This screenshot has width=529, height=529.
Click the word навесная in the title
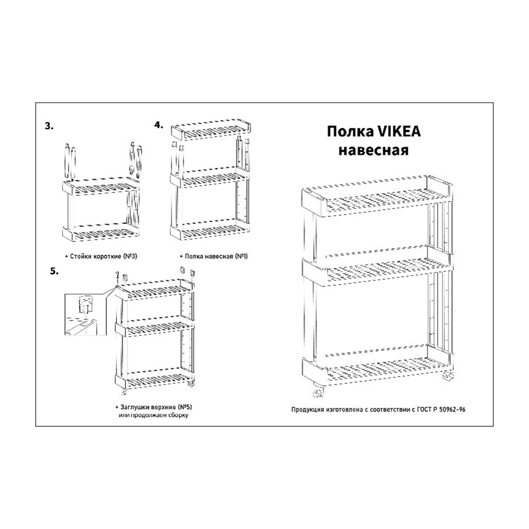373,150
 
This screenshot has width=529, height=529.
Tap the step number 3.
49,126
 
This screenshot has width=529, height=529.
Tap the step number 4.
159,125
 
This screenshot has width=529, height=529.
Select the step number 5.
54,271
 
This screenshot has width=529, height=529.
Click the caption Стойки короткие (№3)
102,257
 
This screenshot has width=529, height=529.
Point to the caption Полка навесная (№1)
214,256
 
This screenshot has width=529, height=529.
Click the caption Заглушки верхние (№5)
154,407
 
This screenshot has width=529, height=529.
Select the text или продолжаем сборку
153,415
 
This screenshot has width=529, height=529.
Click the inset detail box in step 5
84,314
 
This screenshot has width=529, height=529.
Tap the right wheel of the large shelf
448,376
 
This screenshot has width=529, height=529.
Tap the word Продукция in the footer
307,409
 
